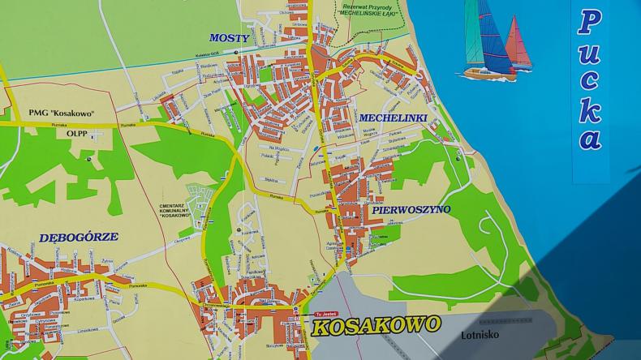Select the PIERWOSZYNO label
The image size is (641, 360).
click(411, 209)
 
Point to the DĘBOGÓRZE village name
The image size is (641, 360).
click(79, 238)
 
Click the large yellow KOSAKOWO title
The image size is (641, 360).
click(376, 326)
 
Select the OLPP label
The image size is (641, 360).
click(76, 135)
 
